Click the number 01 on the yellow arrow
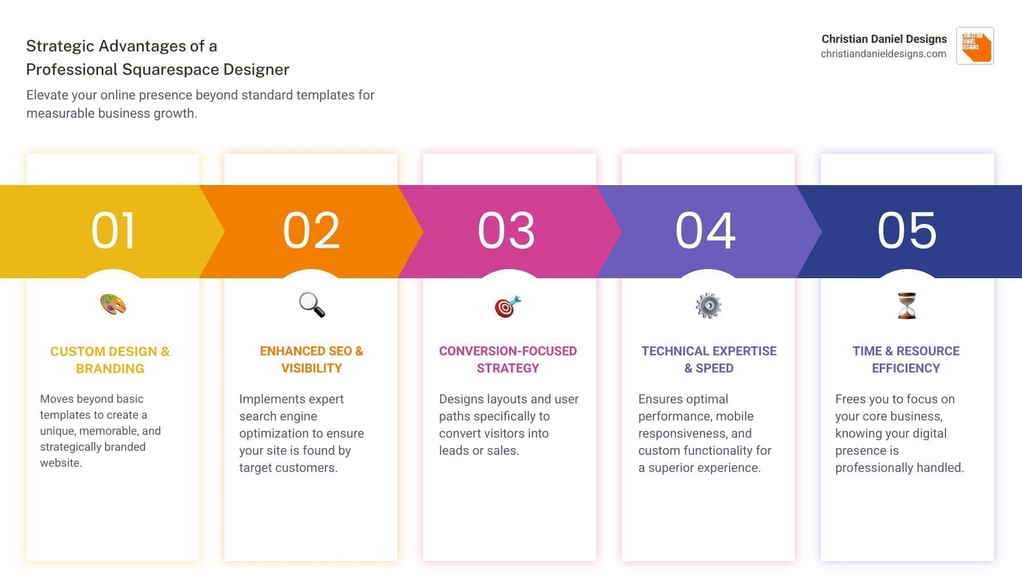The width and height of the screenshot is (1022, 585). [x=113, y=230]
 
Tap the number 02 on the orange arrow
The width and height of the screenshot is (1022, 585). [x=311, y=230]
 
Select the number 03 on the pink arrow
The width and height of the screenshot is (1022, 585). [x=506, y=230]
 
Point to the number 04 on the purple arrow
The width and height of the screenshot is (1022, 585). [x=706, y=230]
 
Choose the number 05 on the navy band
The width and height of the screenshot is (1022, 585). [x=907, y=230]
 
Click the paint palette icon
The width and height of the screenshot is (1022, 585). [x=113, y=304]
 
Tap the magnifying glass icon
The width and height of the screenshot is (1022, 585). [x=312, y=304]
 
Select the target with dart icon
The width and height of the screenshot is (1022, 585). [x=508, y=306]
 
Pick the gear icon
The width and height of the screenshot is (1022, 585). [x=709, y=306]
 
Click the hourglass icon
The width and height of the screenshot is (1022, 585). [x=907, y=306]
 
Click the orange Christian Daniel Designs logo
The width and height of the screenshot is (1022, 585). [x=975, y=46]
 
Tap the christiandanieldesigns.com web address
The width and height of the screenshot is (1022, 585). [x=883, y=54]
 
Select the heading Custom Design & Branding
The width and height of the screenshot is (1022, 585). [x=110, y=360]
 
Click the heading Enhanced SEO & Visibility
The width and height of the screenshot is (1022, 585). [x=311, y=359]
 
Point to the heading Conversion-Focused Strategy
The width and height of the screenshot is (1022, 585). [x=508, y=359]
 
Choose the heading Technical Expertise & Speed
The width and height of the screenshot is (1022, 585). [x=709, y=359]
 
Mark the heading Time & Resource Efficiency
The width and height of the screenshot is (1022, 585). [x=906, y=359]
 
